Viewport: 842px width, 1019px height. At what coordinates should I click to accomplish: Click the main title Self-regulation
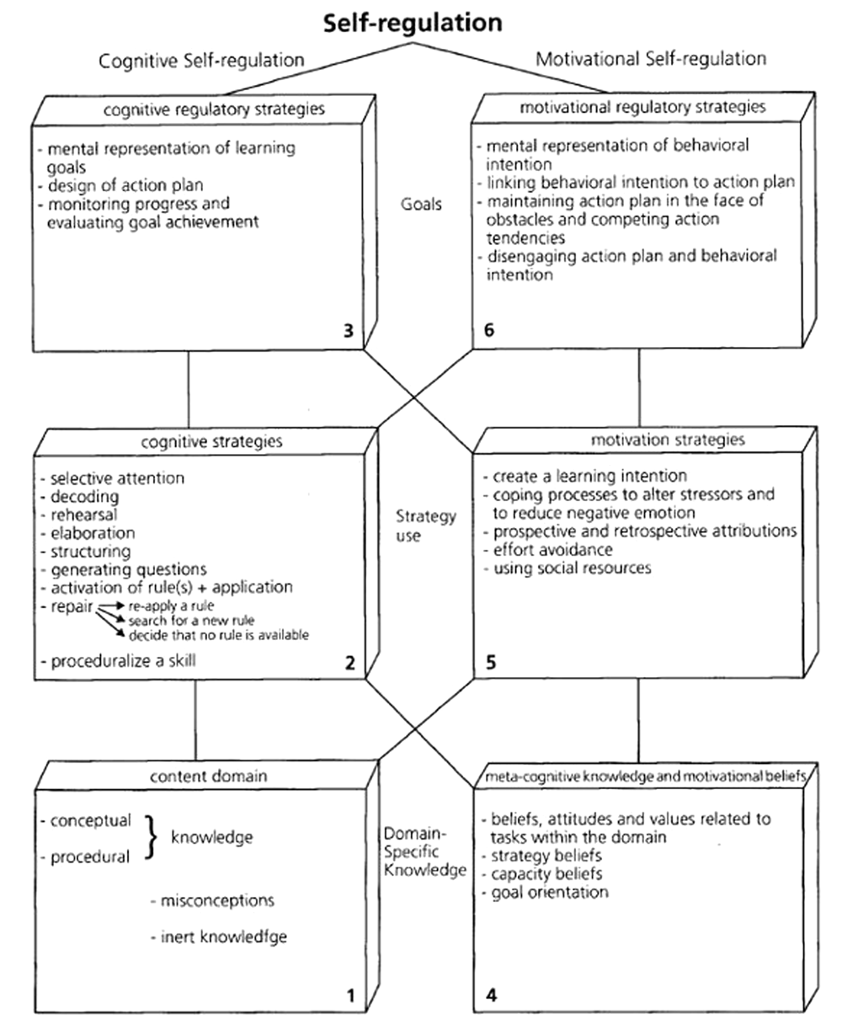413,23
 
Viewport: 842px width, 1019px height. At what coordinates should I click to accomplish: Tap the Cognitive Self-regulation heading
201,60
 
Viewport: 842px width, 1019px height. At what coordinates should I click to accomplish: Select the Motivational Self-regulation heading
651,59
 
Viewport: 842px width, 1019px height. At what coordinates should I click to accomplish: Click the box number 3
349,331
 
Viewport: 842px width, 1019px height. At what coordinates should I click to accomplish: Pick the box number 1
350,997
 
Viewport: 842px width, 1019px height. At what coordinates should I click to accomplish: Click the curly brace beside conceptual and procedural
151,837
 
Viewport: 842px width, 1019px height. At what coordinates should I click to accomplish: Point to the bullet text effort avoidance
552,550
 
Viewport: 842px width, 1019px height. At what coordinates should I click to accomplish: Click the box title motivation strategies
644,439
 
